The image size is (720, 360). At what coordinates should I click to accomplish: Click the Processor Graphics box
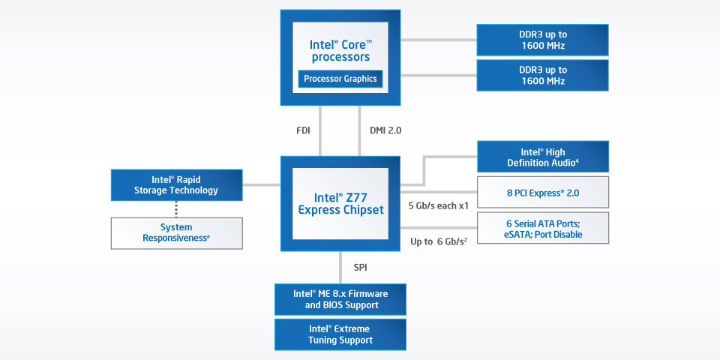[x=340, y=79]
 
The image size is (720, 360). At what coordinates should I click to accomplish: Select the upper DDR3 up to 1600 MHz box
[x=543, y=40]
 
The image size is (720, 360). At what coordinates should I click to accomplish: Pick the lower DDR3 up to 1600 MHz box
[x=543, y=76]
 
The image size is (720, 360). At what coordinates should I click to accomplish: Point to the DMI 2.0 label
[x=385, y=130]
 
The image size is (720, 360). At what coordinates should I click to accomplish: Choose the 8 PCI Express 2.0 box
[x=543, y=193]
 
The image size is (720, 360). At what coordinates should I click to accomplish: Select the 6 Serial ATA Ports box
[x=543, y=229]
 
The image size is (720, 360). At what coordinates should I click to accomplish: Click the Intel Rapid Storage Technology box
[x=176, y=184]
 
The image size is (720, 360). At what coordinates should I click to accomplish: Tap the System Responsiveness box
[x=176, y=232]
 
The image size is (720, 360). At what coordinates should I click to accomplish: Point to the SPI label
[x=360, y=267]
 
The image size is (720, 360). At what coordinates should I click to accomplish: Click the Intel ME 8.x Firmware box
[x=340, y=299]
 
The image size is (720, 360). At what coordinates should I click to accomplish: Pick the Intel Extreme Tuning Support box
[x=340, y=334]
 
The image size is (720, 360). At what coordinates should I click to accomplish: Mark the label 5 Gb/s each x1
[x=438, y=205]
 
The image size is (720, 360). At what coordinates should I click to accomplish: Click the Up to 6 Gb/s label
[x=439, y=241]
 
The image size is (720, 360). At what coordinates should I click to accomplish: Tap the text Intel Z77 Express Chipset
[x=340, y=203]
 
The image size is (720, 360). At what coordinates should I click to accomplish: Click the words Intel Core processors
[x=340, y=50]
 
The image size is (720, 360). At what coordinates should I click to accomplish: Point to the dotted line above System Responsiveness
[x=176, y=208]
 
